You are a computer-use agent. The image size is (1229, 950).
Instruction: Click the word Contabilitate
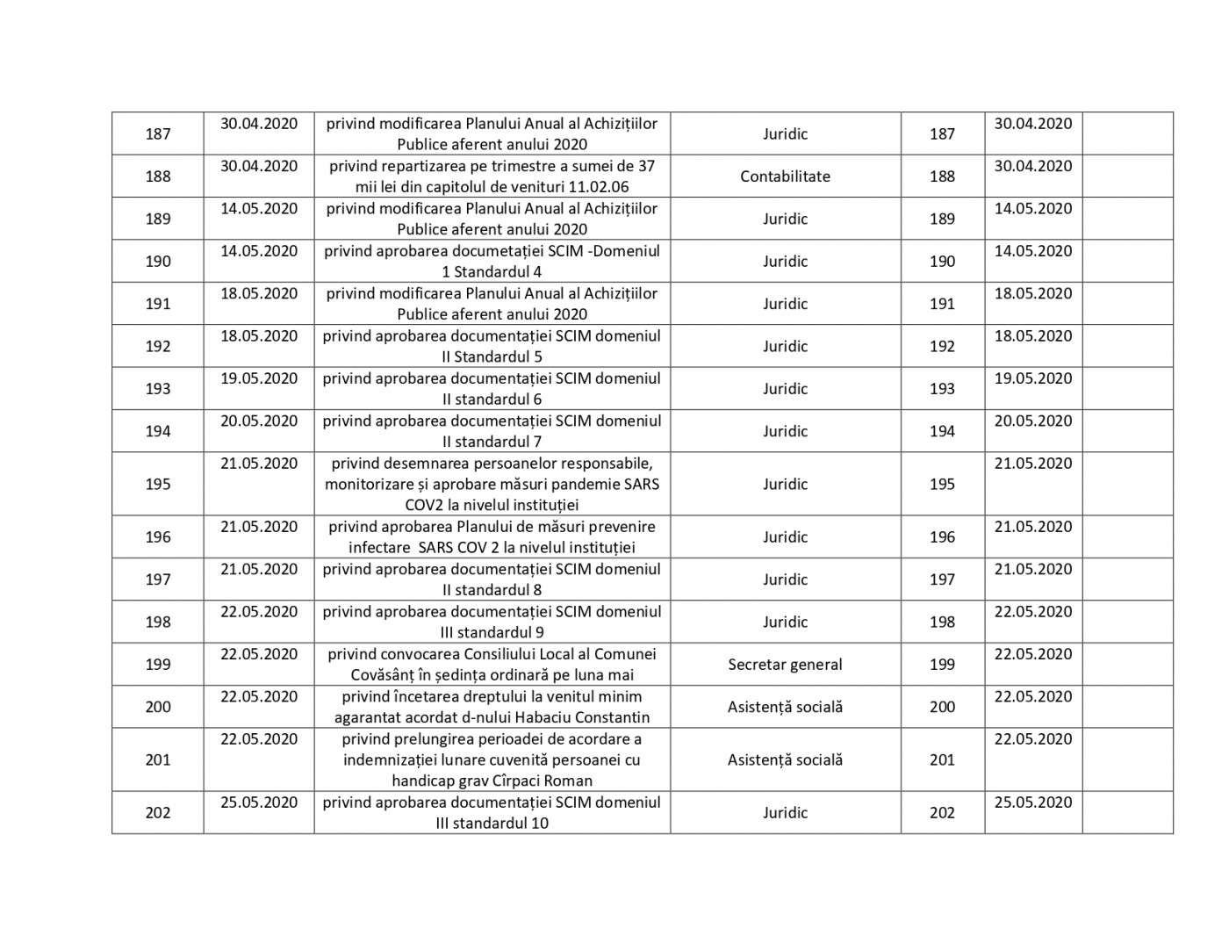785,176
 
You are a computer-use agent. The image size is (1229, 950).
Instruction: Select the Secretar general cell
785,665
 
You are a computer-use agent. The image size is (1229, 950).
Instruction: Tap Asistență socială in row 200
785,707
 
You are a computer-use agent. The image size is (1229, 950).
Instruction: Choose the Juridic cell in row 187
785,134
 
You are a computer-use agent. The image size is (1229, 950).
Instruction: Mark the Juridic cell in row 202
785,813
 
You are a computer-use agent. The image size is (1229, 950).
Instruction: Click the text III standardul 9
492,632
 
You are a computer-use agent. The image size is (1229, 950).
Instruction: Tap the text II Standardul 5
492,356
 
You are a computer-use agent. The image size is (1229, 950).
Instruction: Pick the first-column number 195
158,484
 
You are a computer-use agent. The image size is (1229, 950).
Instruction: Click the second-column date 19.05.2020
259,378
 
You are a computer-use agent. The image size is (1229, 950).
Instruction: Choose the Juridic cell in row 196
785,537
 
